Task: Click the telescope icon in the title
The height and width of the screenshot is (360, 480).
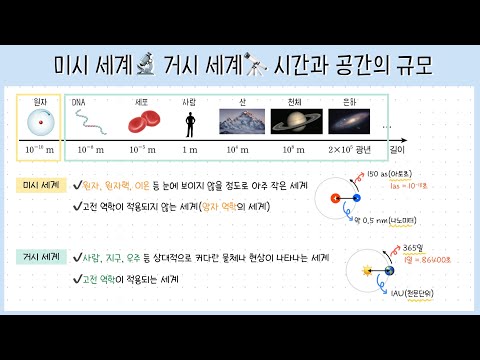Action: [255, 66]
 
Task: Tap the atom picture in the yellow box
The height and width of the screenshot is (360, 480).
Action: [41, 124]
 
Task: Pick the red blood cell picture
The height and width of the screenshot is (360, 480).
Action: [142, 124]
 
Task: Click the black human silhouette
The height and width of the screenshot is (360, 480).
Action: [189, 123]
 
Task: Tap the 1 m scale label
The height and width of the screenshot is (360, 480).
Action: [190, 149]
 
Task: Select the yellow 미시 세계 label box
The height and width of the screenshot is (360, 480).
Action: [41, 185]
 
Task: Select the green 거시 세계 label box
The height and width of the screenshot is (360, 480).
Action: [41, 256]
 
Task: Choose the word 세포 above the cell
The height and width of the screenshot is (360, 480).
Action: [142, 101]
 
